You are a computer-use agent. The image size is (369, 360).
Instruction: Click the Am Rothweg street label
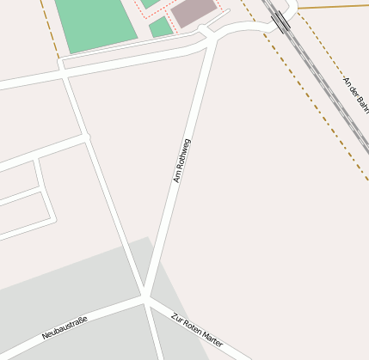182,161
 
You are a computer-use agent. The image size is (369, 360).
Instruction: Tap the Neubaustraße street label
65,327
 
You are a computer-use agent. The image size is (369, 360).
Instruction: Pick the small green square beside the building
160,27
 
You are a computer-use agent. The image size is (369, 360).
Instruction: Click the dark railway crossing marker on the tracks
282,21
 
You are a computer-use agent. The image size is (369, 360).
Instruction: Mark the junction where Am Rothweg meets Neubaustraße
146,297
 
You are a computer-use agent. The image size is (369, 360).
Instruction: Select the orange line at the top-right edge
335,7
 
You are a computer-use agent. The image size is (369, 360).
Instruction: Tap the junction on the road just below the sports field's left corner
64,75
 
